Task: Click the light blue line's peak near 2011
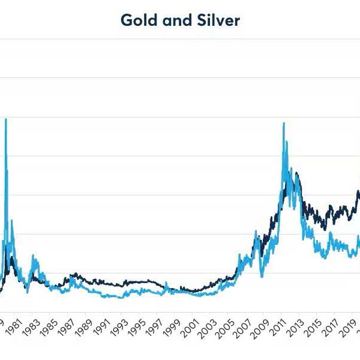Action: click(283, 123)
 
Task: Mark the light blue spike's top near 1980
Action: click(6, 119)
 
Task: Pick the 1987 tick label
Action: click(67, 326)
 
